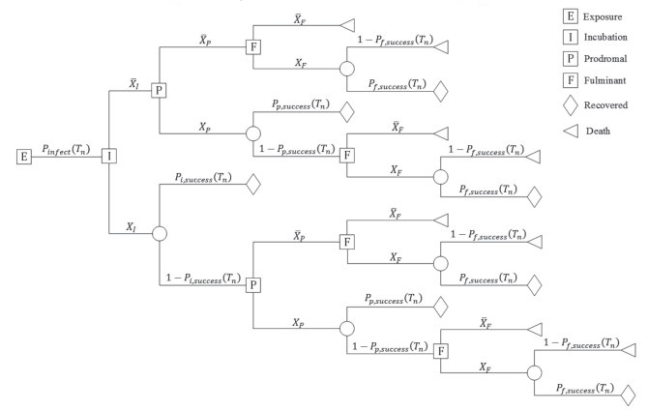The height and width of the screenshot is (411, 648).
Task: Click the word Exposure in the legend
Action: [610, 15]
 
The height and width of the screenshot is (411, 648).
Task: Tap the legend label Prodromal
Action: [612, 58]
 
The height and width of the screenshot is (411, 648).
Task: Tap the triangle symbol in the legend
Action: [571, 127]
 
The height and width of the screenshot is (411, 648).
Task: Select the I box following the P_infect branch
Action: [109, 156]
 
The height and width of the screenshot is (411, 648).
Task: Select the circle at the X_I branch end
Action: [161, 233]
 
